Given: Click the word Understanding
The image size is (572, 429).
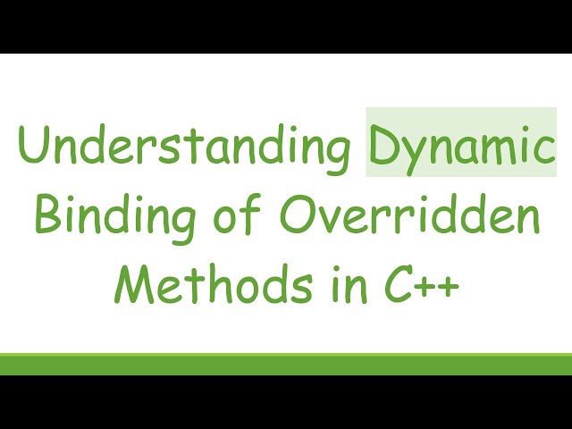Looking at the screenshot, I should point(183,148).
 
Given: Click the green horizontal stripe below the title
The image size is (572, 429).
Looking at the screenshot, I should point(286,364).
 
